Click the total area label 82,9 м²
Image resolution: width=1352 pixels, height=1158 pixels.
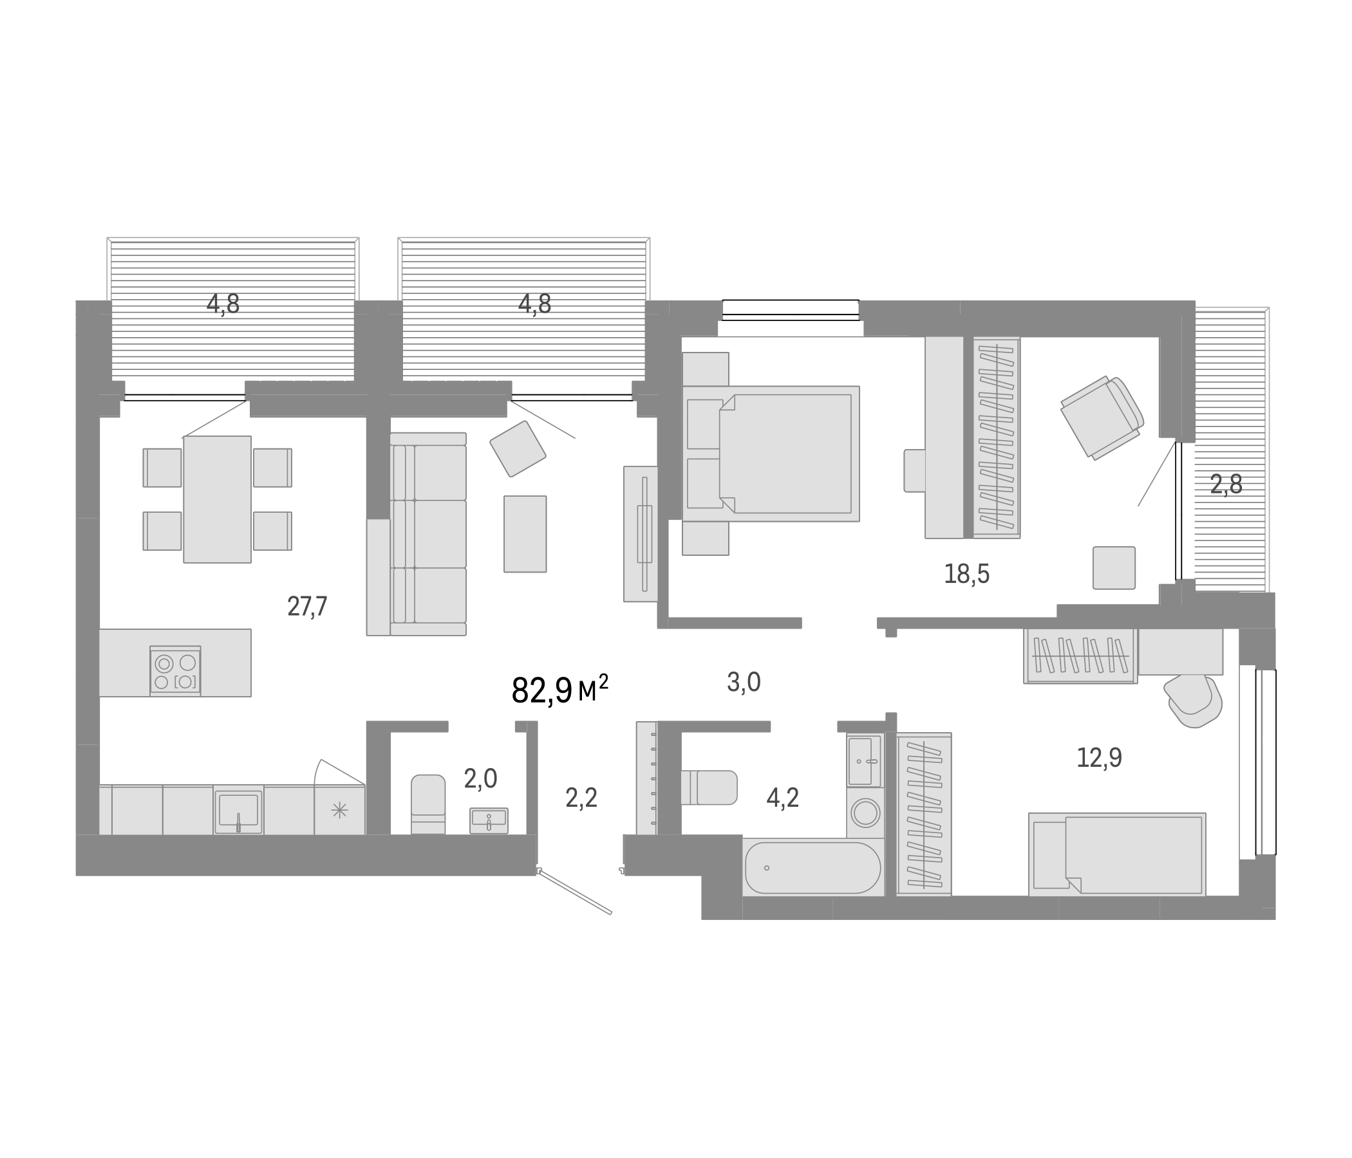(559, 690)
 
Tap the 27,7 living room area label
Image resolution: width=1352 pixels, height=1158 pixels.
(306, 607)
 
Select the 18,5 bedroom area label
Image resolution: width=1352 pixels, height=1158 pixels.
(966, 574)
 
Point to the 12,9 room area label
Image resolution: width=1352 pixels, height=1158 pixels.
(1099, 758)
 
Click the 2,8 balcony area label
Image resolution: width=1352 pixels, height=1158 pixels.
(1226, 484)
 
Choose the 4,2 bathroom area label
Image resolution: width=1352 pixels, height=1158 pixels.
(782, 798)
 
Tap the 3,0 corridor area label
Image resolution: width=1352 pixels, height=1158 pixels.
(743, 682)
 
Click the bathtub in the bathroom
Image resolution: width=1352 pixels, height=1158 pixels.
(812, 867)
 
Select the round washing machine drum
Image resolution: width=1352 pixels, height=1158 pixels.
(865, 813)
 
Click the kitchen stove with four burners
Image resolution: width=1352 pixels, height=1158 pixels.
(175, 672)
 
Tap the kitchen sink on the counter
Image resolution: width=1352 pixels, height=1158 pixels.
(238, 811)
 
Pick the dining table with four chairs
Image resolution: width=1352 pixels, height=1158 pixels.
(218, 499)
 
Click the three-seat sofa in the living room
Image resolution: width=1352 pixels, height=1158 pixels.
(428, 534)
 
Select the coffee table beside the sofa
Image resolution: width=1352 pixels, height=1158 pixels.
(525, 533)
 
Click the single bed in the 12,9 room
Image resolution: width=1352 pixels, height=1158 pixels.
(1116, 854)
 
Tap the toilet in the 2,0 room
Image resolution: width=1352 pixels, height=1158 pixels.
(428, 804)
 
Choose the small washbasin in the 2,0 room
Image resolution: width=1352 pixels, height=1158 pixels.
(489, 820)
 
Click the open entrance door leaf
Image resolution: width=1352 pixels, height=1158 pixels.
(574, 891)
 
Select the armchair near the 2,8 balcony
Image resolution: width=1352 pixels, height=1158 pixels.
(1102, 418)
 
